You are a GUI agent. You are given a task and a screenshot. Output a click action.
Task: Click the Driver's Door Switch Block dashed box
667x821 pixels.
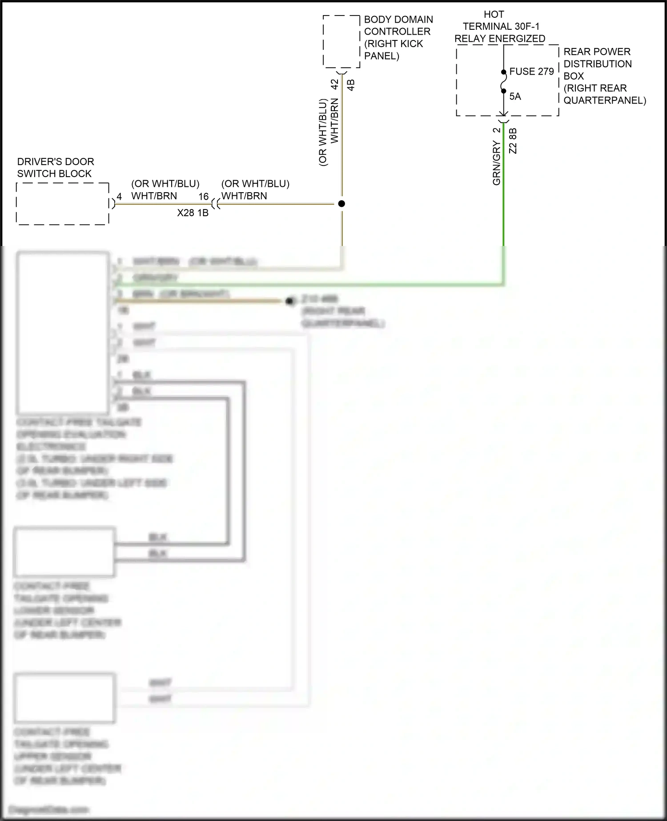point(63,204)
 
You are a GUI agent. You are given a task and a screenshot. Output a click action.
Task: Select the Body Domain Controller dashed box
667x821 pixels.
point(341,41)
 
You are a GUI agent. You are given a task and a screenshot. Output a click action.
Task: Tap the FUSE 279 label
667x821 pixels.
point(531,72)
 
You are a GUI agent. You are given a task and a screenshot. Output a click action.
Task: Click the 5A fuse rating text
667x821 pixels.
point(515,97)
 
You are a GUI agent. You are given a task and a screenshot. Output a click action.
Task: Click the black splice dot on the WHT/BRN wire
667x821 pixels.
point(342,204)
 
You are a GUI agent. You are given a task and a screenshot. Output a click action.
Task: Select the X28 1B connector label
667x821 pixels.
point(193,213)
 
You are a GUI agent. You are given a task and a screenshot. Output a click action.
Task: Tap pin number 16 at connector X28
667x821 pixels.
point(203,197)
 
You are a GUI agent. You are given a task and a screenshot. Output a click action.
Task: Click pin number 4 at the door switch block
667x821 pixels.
point(119,197)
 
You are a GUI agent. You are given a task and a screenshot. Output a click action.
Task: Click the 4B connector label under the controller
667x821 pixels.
point(351,85)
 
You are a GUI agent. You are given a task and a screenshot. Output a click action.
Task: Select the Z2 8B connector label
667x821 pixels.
point(513,141)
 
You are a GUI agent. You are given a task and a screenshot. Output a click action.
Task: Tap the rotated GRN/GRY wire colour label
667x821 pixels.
point(497,163)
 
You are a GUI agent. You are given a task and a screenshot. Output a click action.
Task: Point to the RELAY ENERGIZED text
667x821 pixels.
point(499,39)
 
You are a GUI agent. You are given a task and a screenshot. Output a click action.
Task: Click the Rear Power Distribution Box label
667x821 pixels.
point(604,76)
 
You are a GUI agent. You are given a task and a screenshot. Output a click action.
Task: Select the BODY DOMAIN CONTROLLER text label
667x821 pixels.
point(398,38)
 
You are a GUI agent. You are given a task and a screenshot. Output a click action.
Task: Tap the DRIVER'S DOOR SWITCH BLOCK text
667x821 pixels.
point(56,168)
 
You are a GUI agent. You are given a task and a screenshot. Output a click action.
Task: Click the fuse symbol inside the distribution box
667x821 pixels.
point(504,82)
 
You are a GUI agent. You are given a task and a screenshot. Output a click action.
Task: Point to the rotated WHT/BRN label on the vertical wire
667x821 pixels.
point(334,121)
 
